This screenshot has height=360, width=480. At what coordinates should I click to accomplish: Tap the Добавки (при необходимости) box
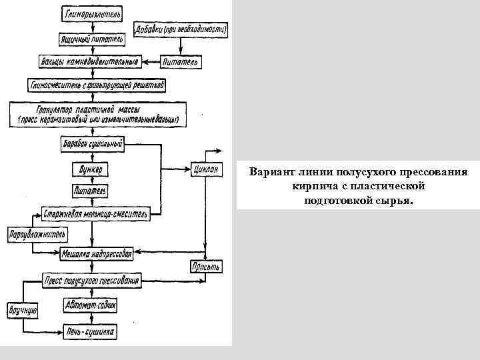tap(181, 30)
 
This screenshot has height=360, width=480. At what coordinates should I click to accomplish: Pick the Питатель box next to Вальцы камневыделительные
tap(181, 62)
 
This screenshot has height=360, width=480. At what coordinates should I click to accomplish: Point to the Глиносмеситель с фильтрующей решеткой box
tap(96, 85)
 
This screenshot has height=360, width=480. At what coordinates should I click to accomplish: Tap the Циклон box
tap(205, 169)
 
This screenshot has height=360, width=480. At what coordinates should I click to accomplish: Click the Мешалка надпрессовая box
tap(97, 253)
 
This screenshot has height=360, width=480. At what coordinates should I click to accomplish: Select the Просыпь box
tap(205, 267)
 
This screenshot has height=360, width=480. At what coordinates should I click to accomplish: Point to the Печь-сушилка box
tap(91, 331)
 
